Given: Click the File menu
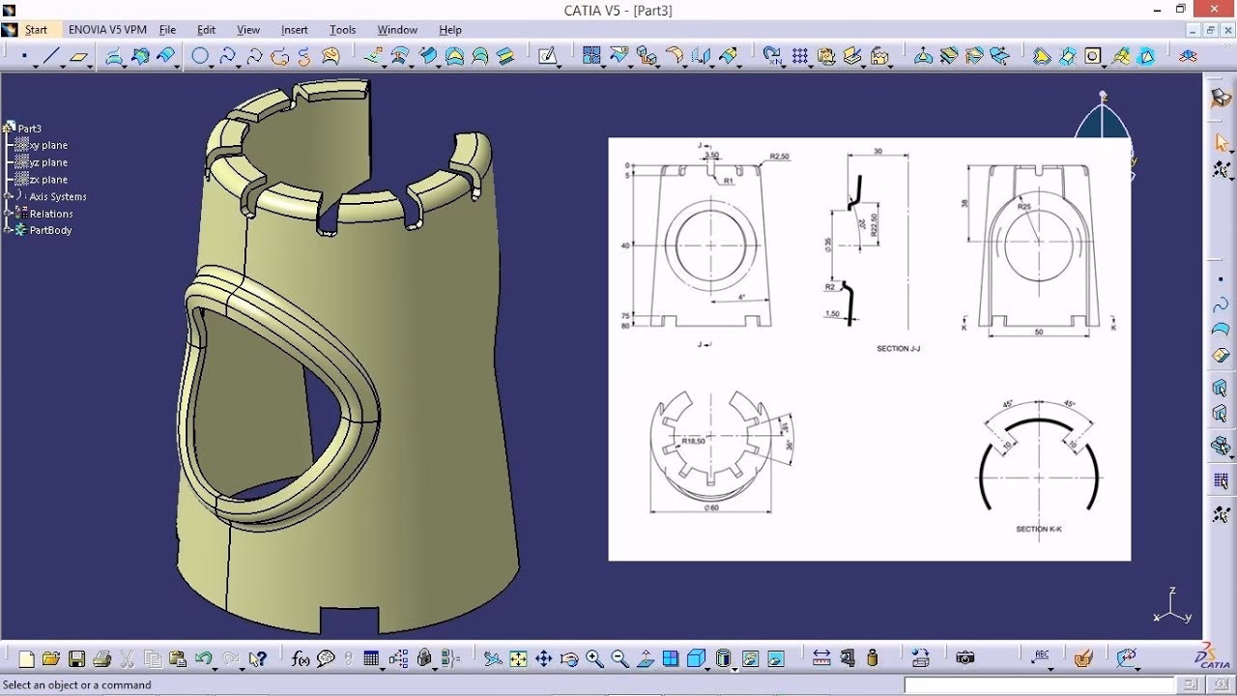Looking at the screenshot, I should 167,30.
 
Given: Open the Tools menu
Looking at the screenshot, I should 342,30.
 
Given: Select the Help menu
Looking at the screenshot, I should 450,30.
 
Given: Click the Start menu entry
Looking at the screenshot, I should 36,30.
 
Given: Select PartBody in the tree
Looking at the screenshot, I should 50,230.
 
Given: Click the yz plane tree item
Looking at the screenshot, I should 48,162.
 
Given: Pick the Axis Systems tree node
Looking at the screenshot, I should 58,196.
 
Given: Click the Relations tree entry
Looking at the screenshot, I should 51,214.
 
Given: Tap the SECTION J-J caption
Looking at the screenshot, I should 898,348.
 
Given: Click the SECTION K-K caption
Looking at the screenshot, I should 1039,529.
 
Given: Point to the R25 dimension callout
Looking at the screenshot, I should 1024,206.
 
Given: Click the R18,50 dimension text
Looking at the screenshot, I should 693,441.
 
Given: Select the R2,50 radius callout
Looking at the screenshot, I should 780,156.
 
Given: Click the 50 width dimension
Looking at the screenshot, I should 1039,332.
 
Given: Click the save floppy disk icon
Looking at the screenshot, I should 76,659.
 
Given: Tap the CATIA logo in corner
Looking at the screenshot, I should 1213,655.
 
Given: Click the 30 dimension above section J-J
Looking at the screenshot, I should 877,152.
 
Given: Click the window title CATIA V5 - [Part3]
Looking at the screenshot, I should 618,11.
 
